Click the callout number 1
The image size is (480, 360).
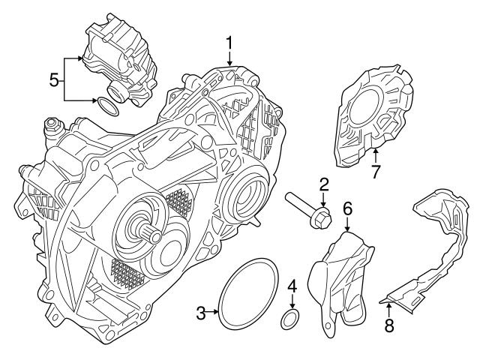(x=230, y=43)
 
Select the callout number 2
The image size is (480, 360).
(x=324, y=184)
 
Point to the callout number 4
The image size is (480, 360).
(x=292, y=286)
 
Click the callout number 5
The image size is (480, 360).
(x=52, y=79)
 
